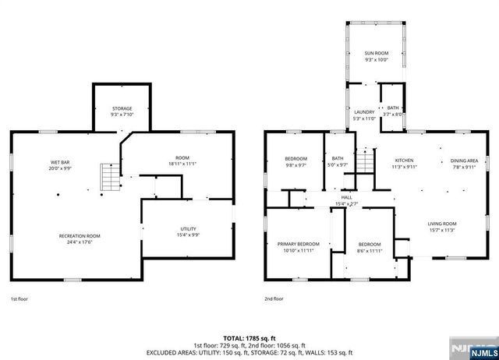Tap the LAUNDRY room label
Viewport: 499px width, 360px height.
pyautogui.click(x=364, y=112)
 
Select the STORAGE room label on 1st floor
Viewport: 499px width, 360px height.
pyautogui.click(x=121, y=108)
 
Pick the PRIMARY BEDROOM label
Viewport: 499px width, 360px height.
pyautogui.click(x=298, y=244)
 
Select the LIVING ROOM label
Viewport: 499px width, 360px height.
pyautogui.click(x=441, y=224)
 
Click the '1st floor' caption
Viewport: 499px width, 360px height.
pyautogui.click(x=19, y=298)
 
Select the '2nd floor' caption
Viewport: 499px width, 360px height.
pyautogui.click(x=274, y=298)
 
